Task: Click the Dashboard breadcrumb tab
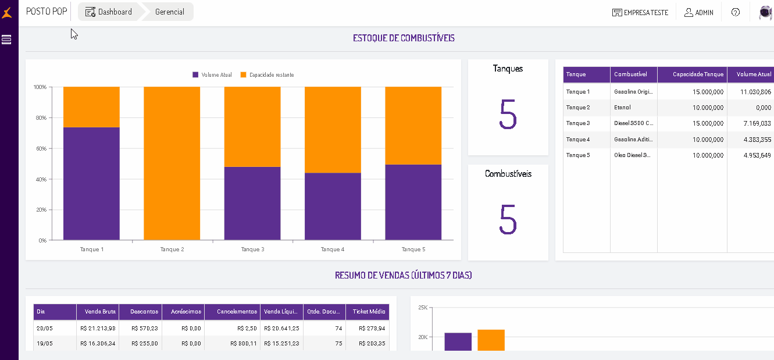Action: click(109, 12)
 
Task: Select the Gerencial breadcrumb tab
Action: click(169, 12)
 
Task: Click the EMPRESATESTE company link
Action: click(640, 12)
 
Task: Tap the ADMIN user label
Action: click(699, 12)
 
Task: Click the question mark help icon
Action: click(736, 12)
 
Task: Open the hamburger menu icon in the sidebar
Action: click(7, 40)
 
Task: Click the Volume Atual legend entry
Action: click(212, 75)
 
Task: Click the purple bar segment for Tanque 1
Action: click(91, 183)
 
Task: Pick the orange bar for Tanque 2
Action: click(172, 163)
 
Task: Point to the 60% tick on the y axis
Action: click(41, 148)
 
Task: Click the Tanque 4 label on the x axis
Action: click(333, 249)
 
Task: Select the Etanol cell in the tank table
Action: click(622, 108)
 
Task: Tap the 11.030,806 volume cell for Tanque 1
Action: click(755, 92)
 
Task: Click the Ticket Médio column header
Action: click(369, 312)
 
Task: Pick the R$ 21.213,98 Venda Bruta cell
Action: click(98, 328)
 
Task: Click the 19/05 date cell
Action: click(45, 343)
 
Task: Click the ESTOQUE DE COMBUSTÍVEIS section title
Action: click(404, 38)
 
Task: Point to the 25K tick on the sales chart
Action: click(423, 307)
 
